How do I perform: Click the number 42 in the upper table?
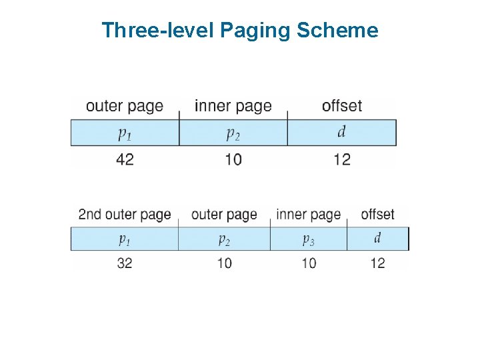[125, 159]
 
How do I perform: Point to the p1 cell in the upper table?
[125, 133]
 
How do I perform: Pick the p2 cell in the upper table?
[233, 133]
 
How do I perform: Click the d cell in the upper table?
[341, 132]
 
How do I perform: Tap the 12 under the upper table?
[341, 159]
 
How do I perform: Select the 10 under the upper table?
[233, 159]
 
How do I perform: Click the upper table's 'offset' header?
[341, 106]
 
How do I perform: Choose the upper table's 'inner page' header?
[233, 106]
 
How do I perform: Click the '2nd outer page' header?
[125, 215]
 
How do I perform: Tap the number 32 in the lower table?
[125, 263]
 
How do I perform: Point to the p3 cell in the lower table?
[308, 239]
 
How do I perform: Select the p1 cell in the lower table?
[125, 239]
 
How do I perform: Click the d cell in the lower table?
[377, 238]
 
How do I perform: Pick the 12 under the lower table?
[377, 263]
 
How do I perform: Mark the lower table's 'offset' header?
[377, 215]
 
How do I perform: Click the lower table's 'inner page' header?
[308, 215]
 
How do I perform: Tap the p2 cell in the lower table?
[224, 239]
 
